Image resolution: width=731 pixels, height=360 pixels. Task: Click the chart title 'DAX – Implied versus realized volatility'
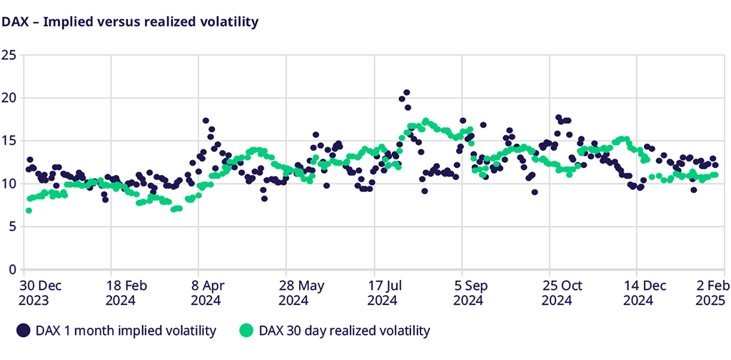(129, 21)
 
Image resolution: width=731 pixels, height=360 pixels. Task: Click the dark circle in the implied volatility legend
(24, 331)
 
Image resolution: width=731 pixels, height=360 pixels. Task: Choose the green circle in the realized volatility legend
(246, 331)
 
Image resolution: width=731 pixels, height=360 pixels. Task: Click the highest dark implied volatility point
(406, 92)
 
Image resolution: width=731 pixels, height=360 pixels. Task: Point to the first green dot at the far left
(29, 210)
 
